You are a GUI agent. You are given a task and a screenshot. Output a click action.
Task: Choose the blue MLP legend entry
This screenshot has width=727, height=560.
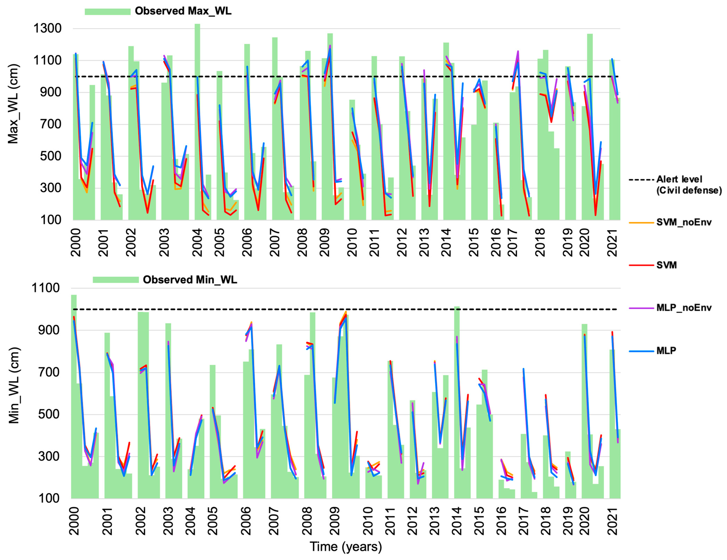click(x=666, y=351)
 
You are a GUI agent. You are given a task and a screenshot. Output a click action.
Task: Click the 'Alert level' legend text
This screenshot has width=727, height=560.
click(x=679, y=180)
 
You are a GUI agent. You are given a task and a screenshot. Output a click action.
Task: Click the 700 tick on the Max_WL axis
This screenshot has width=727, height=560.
click(x=51, y=124)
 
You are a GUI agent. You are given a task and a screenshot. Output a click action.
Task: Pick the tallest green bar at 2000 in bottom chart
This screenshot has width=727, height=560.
click(x=74, y=396)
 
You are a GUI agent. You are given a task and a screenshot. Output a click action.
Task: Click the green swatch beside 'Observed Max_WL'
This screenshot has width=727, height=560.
click(x=108, y=12)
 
